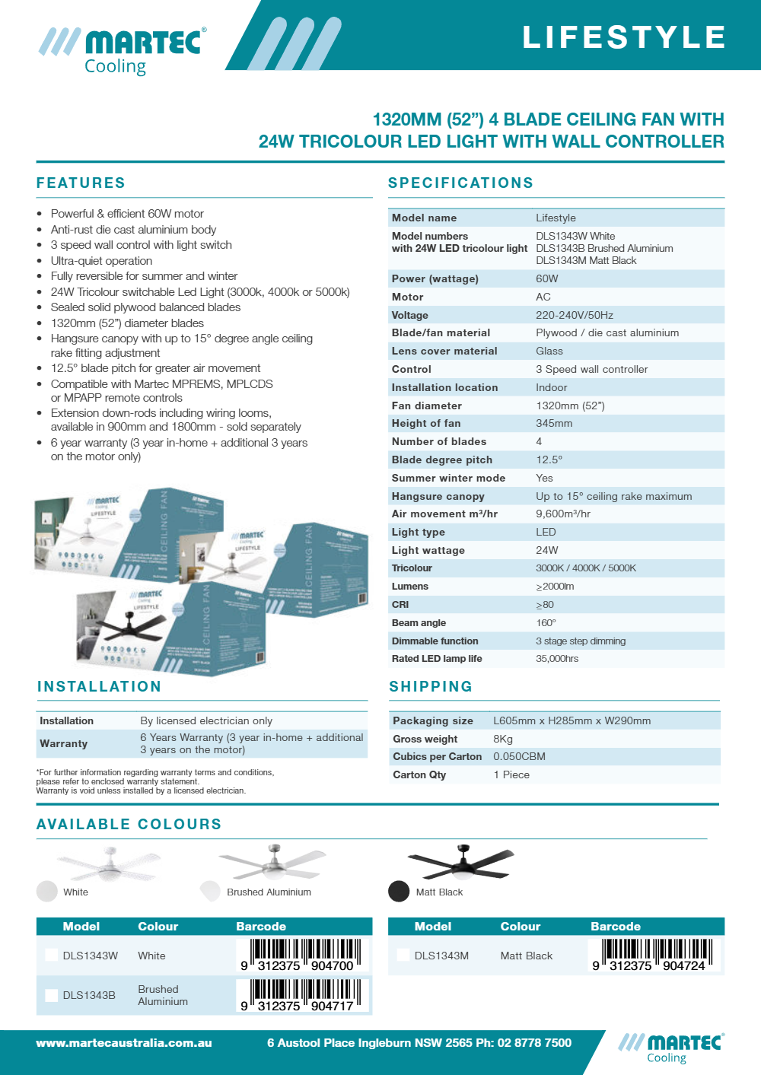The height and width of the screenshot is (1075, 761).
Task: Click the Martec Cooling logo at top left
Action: tap(122, 49)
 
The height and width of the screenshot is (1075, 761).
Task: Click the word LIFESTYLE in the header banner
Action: tap(624, 37)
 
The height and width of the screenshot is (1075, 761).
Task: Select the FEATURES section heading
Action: tap(81, 183)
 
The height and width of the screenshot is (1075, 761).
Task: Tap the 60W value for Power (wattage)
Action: tap(546, 278)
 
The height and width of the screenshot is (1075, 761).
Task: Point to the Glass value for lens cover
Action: tap(549, 351)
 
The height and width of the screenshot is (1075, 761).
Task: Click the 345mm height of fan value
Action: tap(554, 423)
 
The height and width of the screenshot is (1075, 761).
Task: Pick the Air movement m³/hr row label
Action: tap(444, 514)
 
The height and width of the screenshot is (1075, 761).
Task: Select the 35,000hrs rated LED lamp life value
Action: tap(556, 659)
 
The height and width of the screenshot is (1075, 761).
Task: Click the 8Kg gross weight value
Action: tap(502, 739)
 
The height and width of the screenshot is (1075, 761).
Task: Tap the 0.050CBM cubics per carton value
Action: tap(519, 756)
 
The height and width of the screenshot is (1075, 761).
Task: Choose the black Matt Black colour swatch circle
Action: tap(399, 891)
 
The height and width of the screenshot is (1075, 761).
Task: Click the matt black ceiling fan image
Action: tap(461, 862)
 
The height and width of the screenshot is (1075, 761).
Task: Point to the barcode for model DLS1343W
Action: tap(304, 955)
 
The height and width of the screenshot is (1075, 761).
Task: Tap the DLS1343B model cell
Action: tap(89, 995)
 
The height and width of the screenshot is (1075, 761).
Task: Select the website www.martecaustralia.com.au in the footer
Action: tap(124, 1043)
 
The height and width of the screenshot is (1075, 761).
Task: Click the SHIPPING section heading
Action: tap(431, 687)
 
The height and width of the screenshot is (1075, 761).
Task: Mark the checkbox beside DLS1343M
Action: tap(403, 955)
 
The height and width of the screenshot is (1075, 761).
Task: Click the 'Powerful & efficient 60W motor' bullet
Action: tap(127, 214)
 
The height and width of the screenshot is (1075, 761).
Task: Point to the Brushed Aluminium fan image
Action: tap(272, 863)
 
